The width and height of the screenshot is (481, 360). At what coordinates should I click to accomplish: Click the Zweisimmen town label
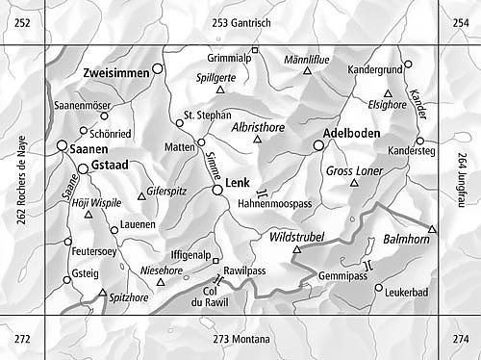(115, 71)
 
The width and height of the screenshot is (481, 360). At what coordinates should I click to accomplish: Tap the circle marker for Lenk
(218, 191)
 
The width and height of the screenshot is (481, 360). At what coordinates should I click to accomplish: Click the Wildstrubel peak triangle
(296, 250)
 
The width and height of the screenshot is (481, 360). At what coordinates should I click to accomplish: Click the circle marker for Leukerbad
(379, 288)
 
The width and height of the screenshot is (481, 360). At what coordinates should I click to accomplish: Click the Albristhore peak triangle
(257, 140)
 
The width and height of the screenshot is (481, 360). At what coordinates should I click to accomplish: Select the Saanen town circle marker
(63, 146)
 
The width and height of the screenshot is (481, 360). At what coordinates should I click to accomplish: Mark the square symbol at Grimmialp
(255, 50)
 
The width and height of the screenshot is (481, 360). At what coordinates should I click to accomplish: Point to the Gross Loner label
(355, 170)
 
